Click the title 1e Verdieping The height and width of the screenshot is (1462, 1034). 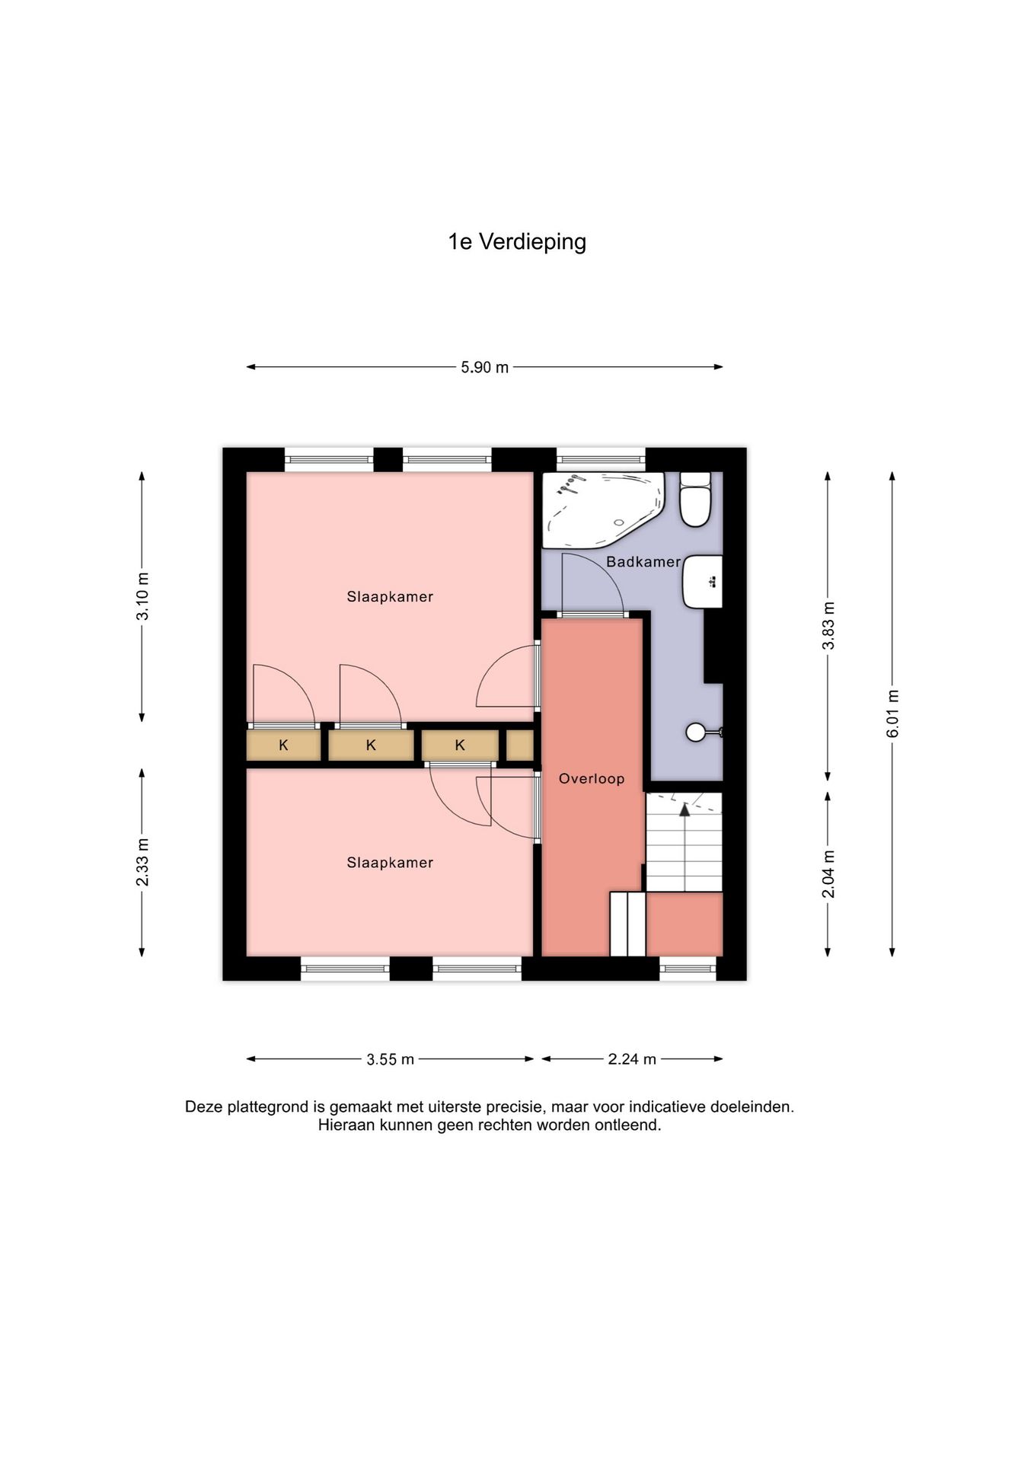click(517, 242)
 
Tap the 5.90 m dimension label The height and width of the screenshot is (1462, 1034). click(484, 367)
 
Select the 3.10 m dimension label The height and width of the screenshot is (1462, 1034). click(142, 595)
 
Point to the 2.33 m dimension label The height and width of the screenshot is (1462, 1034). click(142, 862)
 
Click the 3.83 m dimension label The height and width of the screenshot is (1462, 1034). click(828, 625)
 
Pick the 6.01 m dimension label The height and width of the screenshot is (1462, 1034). click(892, 713)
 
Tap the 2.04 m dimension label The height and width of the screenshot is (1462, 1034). click(828, 874)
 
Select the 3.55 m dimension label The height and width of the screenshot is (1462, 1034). click(390, 1059)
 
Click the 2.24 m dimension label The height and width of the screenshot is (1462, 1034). click(632, 1059)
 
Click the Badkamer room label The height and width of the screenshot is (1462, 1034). click(643, 562)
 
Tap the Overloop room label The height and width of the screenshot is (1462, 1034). click(592, 778)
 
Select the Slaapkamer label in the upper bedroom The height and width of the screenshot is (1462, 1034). click(390, 597)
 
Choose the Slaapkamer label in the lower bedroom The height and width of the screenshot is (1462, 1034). click(390, 863)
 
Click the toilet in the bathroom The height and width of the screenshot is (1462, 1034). click(695, 500)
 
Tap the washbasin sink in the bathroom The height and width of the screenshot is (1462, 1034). click(702, 582)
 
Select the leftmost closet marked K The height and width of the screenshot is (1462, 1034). click(283, 745)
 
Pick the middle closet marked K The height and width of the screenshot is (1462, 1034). click(371, 745)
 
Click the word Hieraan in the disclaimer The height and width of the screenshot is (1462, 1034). click(345, 1125)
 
